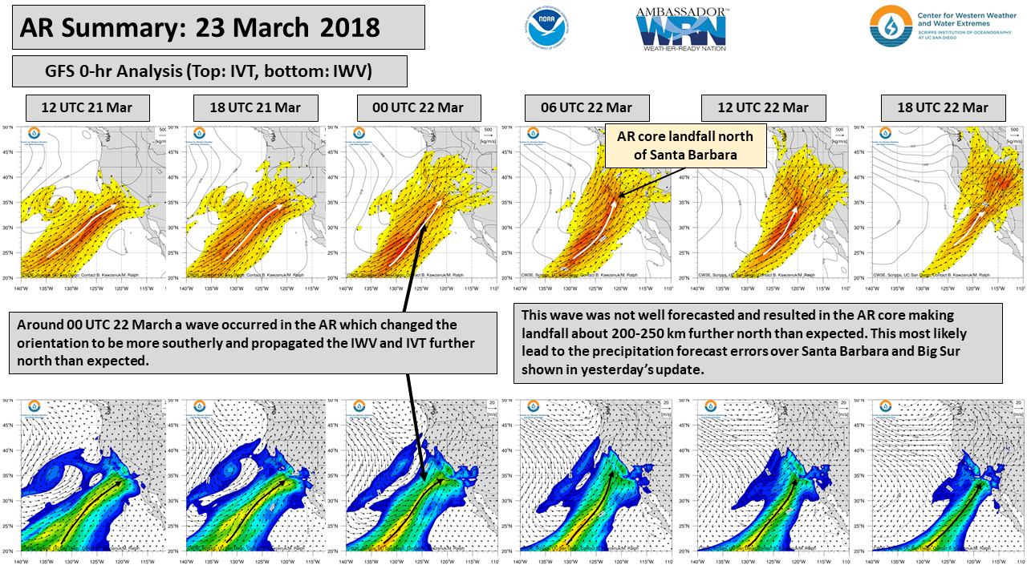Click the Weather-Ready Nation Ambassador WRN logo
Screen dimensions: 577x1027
coord(682,30)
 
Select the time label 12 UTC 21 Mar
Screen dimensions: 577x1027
coord(88,107)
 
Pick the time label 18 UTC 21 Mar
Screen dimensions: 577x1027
coord(256,107)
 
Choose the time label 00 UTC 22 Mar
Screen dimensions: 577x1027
coord(418,107)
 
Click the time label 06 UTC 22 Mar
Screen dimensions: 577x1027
coord(586,107)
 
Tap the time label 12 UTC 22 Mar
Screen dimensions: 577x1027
coord(762,107)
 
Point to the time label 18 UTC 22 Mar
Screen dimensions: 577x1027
coord(942,107)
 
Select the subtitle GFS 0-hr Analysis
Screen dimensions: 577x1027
coord(209,71)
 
